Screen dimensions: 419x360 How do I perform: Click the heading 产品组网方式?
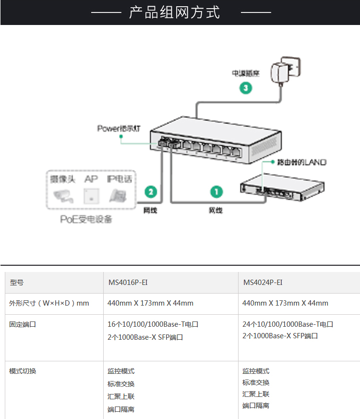(x=174, y=12)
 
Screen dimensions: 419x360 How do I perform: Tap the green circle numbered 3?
(x=246, y=88)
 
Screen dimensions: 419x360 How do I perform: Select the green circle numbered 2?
(x=151, y=192)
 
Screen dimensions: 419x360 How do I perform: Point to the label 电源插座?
(x=245, y=74)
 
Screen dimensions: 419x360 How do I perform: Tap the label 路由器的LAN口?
(x=301, y=162)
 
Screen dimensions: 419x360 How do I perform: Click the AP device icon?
(x=90, y=195)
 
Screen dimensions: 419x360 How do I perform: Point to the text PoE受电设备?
(x=86, y=220)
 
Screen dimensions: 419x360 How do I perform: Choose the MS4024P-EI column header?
(x=263, y=283)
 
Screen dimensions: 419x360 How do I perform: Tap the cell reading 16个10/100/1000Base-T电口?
(x=153, y=324)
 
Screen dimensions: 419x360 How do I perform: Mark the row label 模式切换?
(x=23, y=371)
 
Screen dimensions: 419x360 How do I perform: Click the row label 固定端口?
(x=23, y=324)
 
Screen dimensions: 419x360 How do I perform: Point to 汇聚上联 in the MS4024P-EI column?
(x=256, y=394)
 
